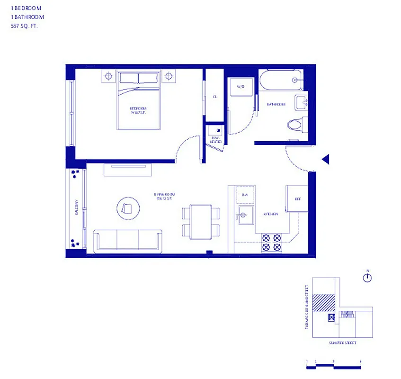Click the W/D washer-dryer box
pyautogui.click(x=241, y=87)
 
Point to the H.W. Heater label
pyautogui.click(x=215, y=140)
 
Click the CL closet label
pyautogui.click(x=214, y=97)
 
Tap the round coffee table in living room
pyautogui.click(x=128, y=208)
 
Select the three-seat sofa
pyautogui.click(x=128, y=240)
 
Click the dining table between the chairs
pyautogui.click(x=201, y=222)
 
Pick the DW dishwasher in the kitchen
pyautogui.click(x=245, y=195)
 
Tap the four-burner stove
pyautogui.click(x=272, y=243)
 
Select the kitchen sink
pyautogui.click(x=246, y=217)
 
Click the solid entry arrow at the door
pyautogui.click(x=325, y=160)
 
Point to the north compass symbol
pyautogui.click(x=367, y=278)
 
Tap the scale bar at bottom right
pyautogui.click(x=334, y=365)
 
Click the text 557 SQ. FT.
pyautogui.click(x=24, y=27)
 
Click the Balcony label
pyautogui.click(x=75, y=208)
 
